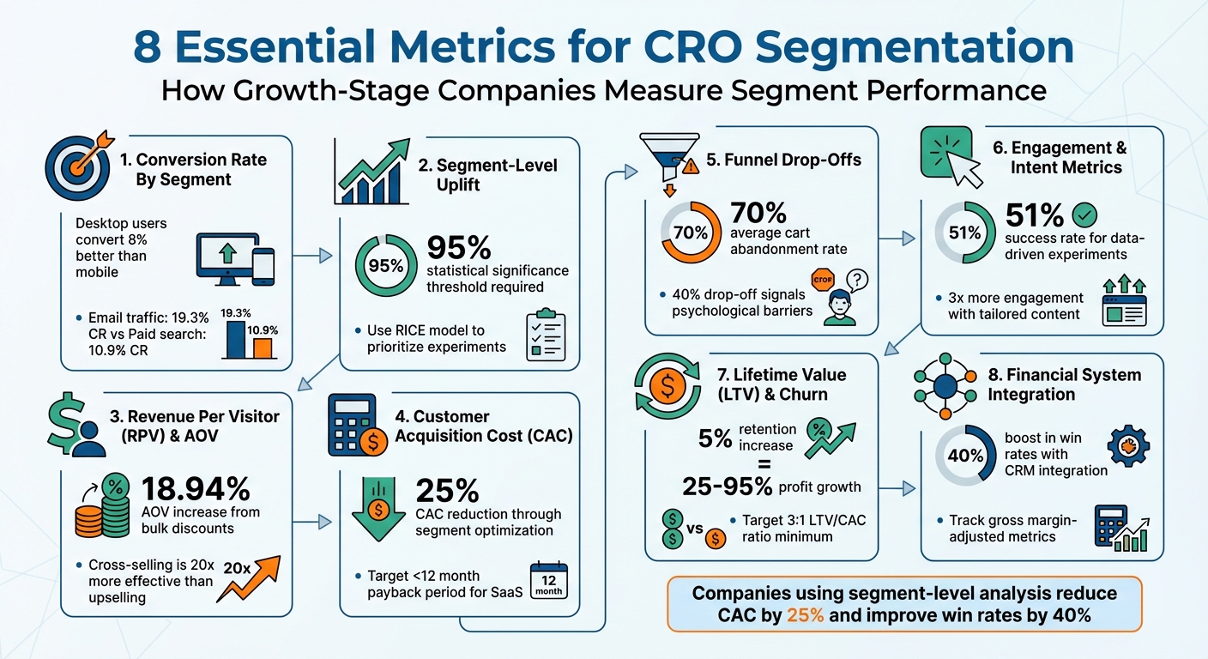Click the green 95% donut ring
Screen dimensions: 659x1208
[385, 265]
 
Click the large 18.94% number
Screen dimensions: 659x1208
[196, 489]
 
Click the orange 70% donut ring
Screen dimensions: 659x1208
[691, 233]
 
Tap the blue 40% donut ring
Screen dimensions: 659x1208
[965, 456]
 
